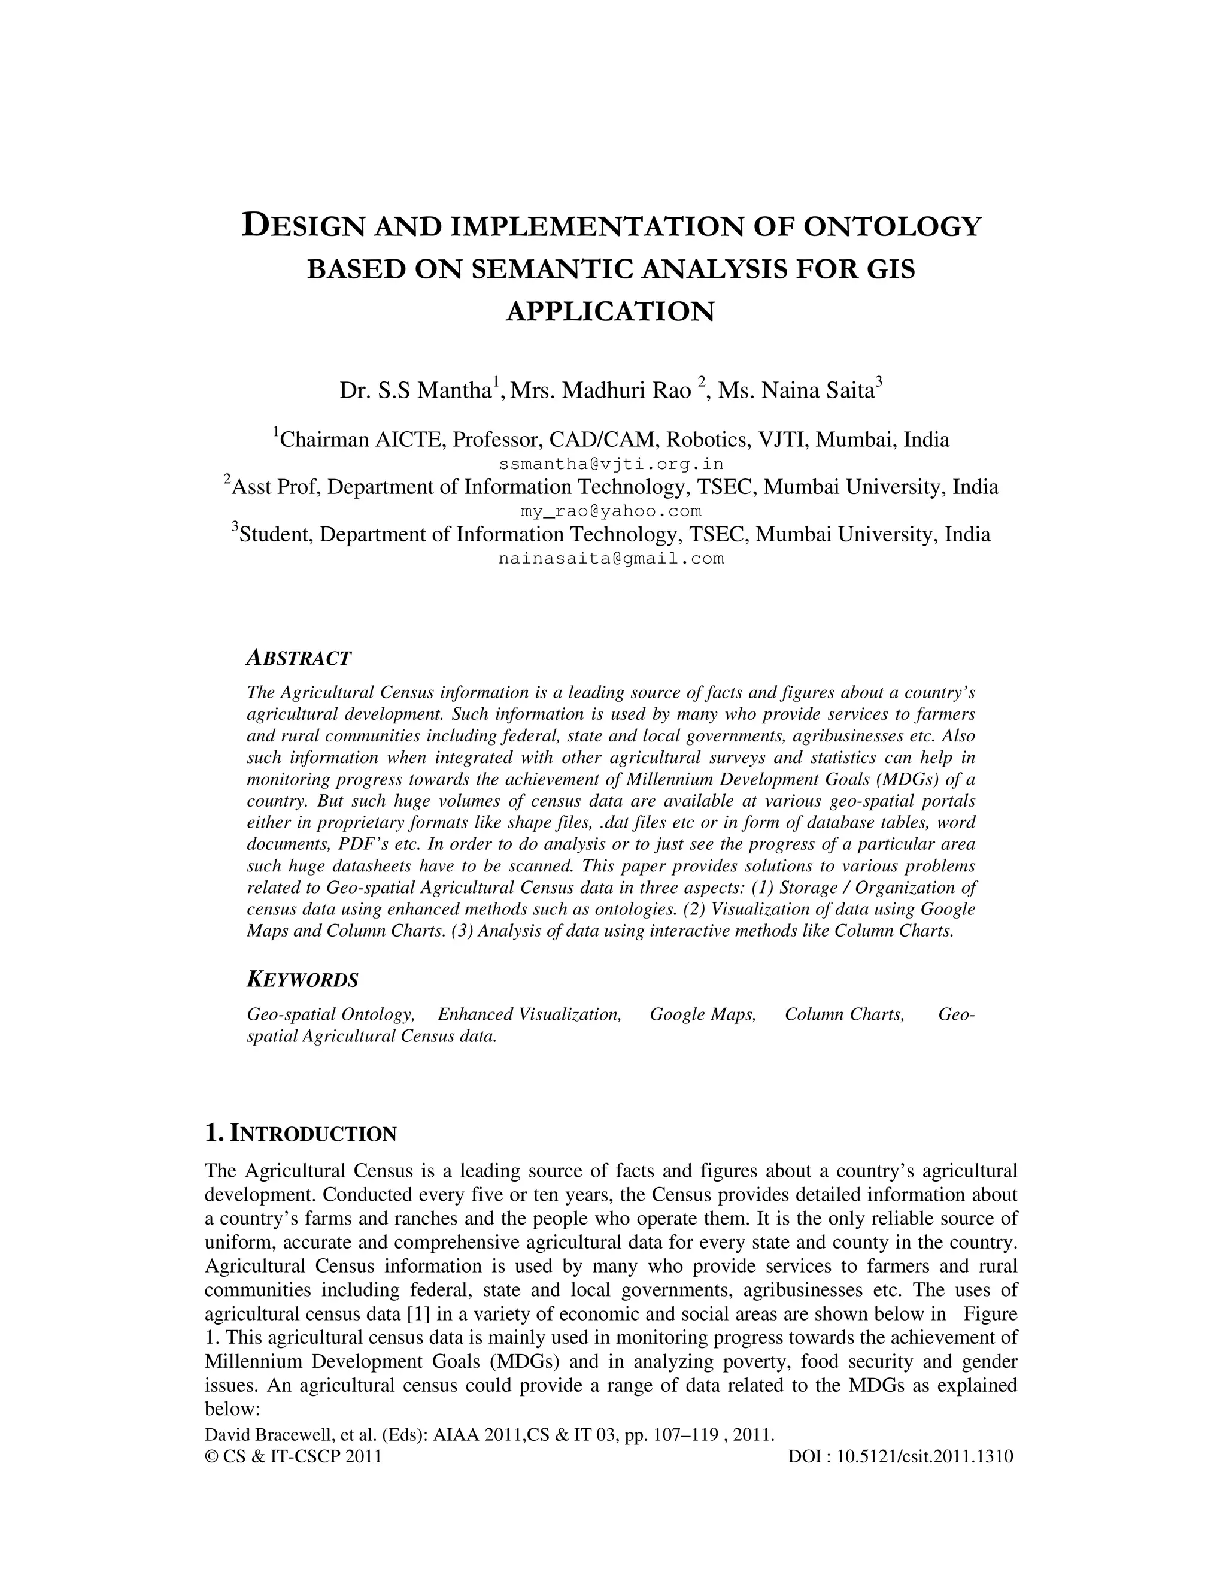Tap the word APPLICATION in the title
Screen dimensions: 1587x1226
click(x=610, y=312)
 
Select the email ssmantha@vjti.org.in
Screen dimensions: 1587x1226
click(x=612, y=464)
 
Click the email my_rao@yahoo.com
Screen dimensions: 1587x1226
click(x=612, y=511)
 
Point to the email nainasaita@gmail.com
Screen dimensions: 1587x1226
click(x=612, y=559)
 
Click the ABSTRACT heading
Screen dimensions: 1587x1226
click(x=299, y=658)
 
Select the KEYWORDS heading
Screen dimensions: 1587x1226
click(x=302, y=980)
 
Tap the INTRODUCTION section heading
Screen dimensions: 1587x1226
click(x=312, y=1134)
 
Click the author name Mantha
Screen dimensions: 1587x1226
click(x=455, y=391)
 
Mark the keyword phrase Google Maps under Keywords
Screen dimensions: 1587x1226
click(x=702, y=1014)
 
